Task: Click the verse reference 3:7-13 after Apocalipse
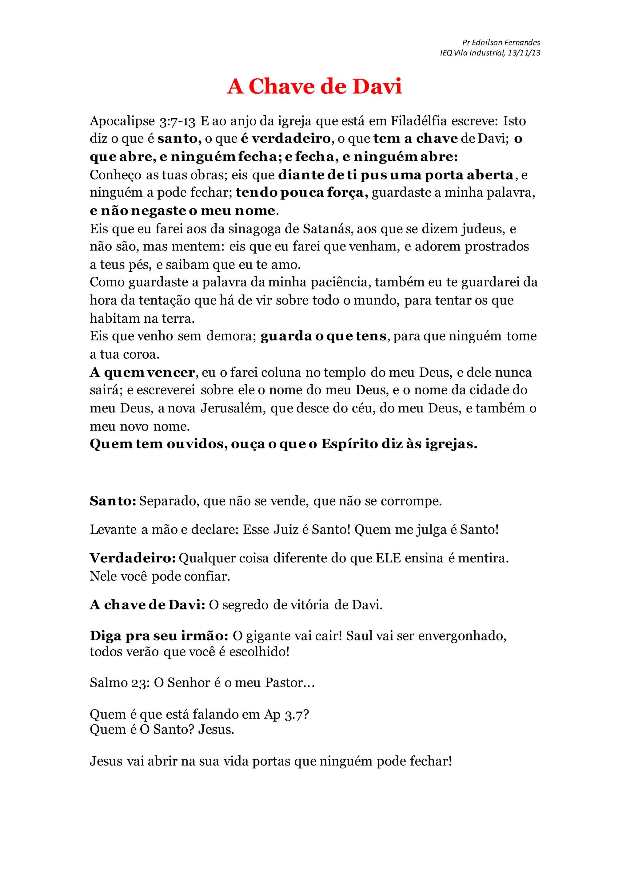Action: pyautogui.click(x=177, y=121)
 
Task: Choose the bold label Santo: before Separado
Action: pyautogui.click(x=113, y=501)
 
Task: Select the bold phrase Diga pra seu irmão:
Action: pyautogui.click(x=159, y=636)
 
